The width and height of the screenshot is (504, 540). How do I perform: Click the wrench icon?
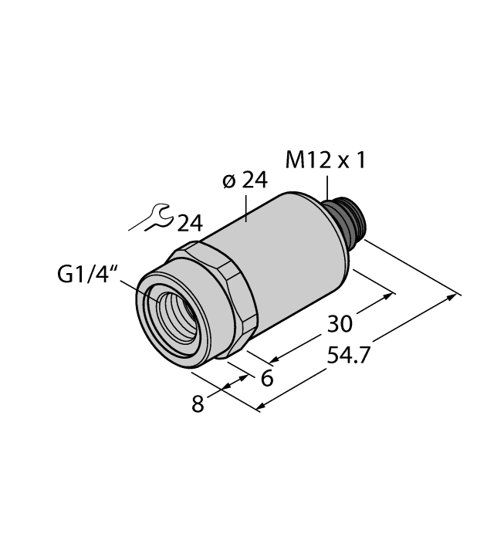click(152, 218)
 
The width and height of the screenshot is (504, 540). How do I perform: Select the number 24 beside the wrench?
click(190, 224)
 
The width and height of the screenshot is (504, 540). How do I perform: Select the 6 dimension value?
click(267, 378)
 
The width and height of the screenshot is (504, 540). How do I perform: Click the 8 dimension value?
click(198, 404)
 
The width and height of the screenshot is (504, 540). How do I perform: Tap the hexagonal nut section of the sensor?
click(224, 301)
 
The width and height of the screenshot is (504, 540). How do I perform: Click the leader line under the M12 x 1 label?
click(326, 187)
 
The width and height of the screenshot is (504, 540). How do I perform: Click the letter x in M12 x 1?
click(343, 161)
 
